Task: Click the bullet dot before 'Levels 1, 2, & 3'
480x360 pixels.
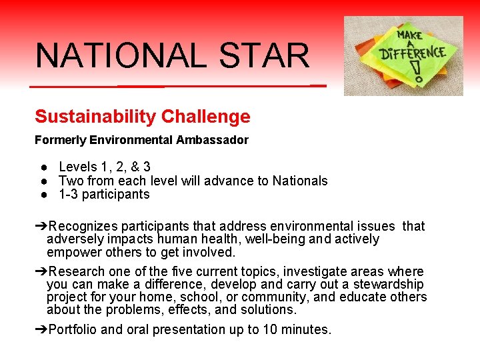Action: pos(42,167)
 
